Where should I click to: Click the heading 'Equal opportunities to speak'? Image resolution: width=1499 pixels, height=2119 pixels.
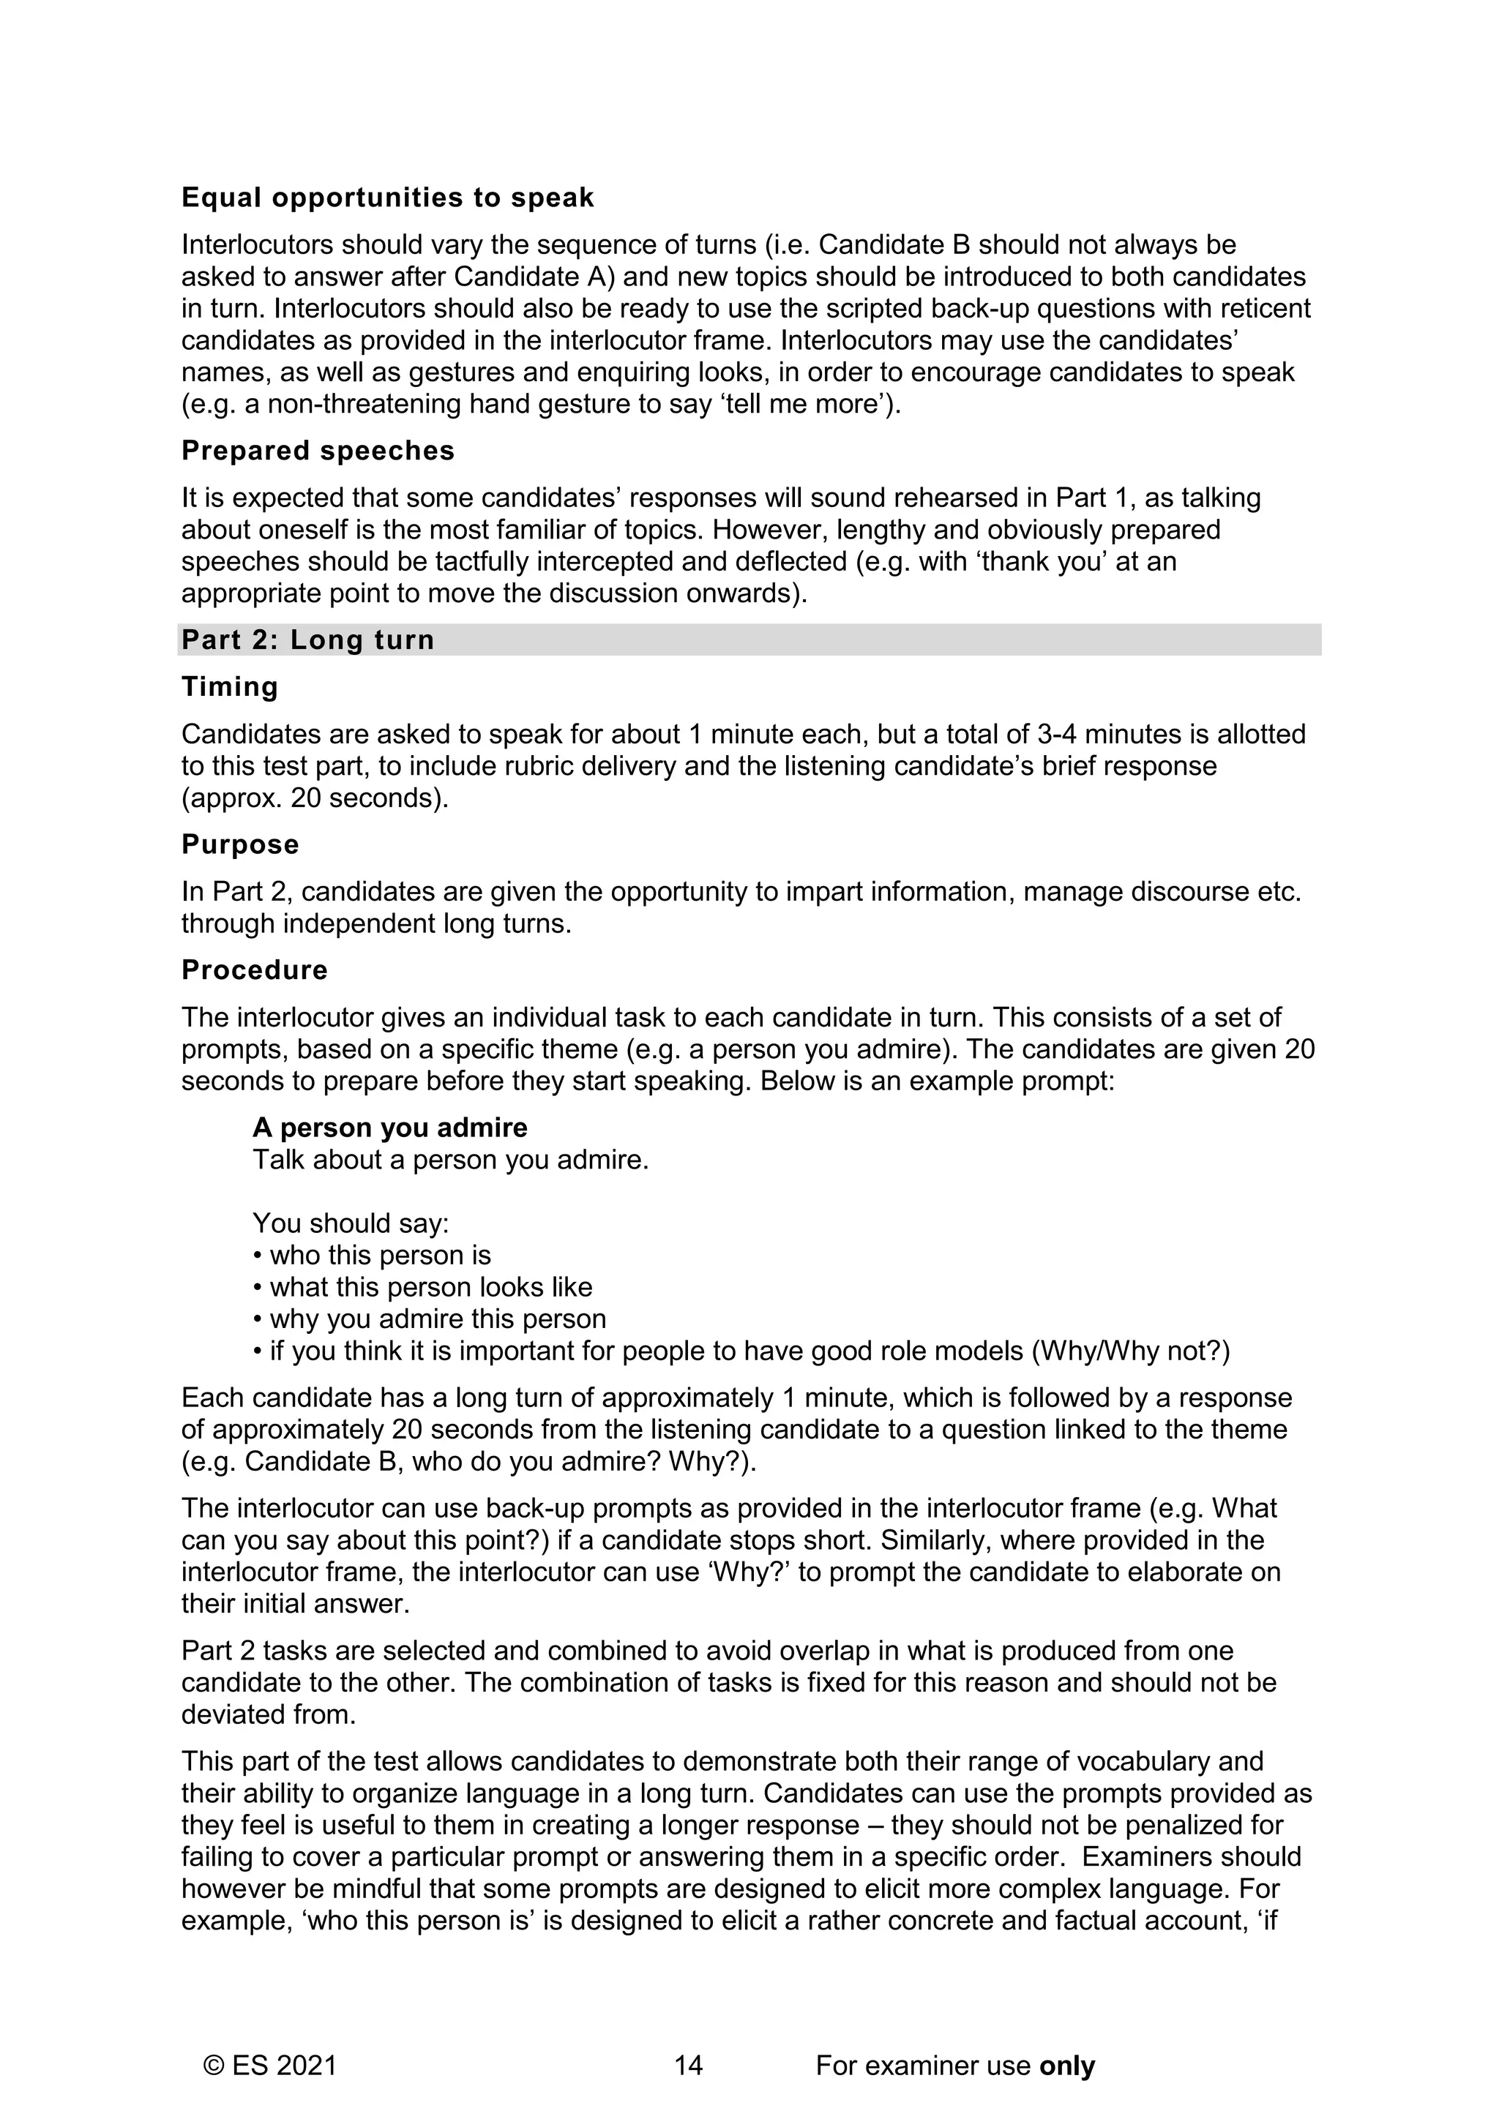pos(388,198)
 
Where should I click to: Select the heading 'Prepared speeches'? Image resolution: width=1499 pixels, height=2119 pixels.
pos(318,451)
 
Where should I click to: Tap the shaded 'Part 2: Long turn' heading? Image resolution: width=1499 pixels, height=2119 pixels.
pos(307,640)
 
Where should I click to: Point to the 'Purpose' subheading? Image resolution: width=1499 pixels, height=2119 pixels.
pos(240,844)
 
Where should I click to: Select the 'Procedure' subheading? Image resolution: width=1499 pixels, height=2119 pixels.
pos(255,970)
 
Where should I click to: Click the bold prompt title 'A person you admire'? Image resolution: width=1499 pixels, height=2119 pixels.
pos(389,1128)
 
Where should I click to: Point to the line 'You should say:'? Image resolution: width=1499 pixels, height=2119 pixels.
pos(351,1224)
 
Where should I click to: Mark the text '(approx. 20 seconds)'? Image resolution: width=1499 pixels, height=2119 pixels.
pos(314,798)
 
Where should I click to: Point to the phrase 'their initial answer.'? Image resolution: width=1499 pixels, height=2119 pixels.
pos(296,1604)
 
